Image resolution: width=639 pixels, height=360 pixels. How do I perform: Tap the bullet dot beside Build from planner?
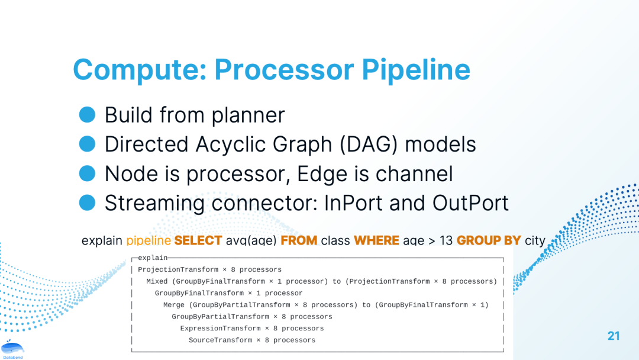click(87, 114)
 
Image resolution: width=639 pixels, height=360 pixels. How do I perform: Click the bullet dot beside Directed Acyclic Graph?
click(87, 144)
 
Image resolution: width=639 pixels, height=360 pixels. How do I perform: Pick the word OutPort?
click(471, 202)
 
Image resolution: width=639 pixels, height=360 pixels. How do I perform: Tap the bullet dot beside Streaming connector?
click(87, 202)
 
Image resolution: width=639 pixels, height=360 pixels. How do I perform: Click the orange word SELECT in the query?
click(198, 240)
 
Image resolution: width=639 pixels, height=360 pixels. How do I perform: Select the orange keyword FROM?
click(299, 240)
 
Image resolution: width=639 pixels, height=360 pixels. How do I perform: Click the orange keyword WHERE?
click(376, 240)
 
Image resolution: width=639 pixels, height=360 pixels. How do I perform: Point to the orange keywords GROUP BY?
click(489, 240)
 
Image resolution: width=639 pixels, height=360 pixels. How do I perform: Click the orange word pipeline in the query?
click(149, 240)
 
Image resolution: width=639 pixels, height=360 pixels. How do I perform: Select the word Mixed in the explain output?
click(157, 281)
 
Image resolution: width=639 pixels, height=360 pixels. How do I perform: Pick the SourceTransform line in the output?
click(252, 340)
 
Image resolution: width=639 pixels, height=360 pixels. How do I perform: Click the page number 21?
click(614, 336)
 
